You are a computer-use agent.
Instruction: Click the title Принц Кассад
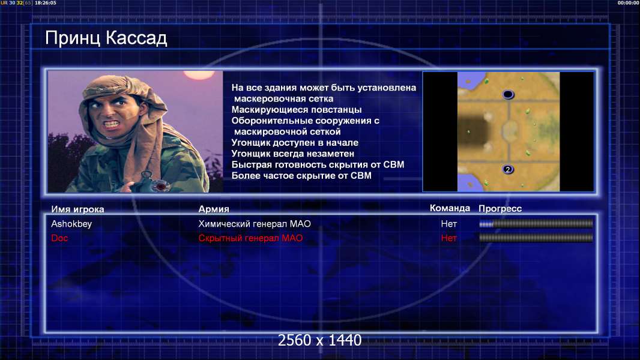(106, 38)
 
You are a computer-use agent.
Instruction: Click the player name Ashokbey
(71, 224)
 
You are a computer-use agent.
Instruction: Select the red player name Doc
(59, 238)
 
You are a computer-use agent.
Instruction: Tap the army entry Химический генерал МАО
(255, 224)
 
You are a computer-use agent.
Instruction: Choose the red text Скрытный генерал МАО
(250, 238)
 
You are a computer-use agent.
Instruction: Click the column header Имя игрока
(77, 209)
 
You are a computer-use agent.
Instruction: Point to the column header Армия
(214, 209)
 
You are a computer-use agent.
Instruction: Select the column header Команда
(450, 208)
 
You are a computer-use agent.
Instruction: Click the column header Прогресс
(500, 209)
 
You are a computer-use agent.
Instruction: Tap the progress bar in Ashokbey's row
(536, 223)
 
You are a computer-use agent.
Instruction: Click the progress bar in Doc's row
(536, 238)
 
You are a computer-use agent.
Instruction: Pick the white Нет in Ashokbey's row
(449, 224)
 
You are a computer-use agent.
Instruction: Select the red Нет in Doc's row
(449, 238)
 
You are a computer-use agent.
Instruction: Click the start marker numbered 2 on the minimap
(508, 169)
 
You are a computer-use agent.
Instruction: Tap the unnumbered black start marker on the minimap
(508, 95)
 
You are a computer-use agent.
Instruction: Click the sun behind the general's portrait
(199, 74)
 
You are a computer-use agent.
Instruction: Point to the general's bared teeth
(112, 123)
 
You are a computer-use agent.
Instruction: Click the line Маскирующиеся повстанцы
(297, 110)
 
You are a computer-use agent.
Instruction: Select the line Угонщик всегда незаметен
(292, 154)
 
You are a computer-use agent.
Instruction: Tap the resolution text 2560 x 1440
(319, 340)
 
